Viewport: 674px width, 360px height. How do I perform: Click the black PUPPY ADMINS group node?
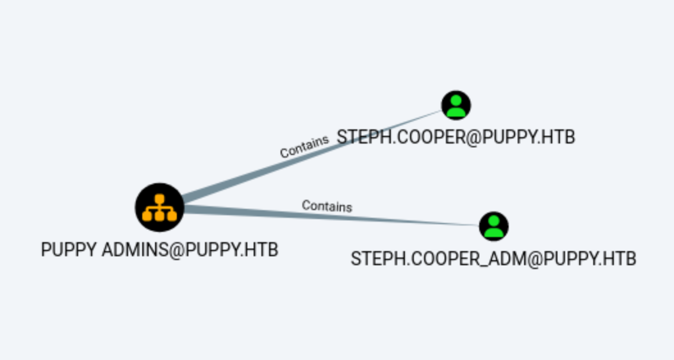coord(160,207)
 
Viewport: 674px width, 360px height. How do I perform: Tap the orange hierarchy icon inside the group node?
coord(160,206)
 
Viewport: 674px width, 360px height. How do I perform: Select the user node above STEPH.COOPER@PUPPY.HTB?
coord(456,105)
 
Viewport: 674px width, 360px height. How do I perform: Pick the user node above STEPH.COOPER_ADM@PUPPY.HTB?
coord(493,226)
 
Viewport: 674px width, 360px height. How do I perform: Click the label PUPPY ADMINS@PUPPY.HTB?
coord(160,249)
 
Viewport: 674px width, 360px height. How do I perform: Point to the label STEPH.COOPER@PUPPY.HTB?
coord(456,136)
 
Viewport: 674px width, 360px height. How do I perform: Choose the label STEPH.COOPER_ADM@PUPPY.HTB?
coord(493,259)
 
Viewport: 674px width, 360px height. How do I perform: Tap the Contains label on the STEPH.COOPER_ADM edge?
coord(327,206)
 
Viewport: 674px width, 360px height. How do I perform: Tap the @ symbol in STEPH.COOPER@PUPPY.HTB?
coord(472,136)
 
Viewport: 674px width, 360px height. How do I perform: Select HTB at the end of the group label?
coord(265,249)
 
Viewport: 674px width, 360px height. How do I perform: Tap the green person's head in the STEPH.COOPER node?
coord(456,100)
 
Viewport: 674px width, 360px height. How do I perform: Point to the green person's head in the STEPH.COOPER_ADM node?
coord(493,221)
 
